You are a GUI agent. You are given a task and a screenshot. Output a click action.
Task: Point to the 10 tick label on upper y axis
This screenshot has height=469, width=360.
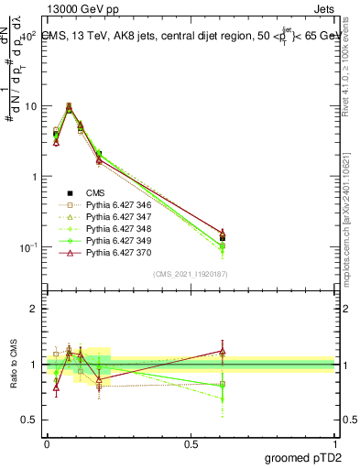click(x=29, y=106)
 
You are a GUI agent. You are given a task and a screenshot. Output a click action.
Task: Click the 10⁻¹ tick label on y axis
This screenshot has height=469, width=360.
click(x=27, y=247)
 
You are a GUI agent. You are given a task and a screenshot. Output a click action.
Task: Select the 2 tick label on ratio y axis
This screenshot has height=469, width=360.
click(x=34, y=309)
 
